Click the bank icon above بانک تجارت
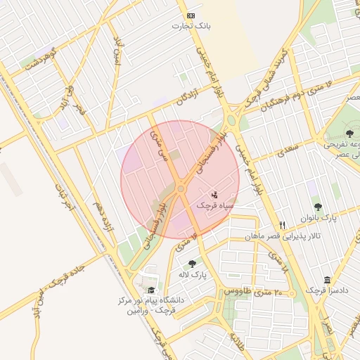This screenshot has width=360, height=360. click(191, 15)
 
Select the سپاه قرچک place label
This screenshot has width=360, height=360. click(214, 205)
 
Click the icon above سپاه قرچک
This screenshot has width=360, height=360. click(215, 194)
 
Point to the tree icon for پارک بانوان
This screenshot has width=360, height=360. click(318, 207)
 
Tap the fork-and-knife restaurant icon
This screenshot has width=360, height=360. click(283, 226)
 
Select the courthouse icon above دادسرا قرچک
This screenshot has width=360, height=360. click(328, 280)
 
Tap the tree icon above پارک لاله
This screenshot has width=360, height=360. click(192, 264)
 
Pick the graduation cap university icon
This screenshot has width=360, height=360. click(150, 290)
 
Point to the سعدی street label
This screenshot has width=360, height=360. click(288, 148)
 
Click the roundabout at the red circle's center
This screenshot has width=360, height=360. click(181, 188)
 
